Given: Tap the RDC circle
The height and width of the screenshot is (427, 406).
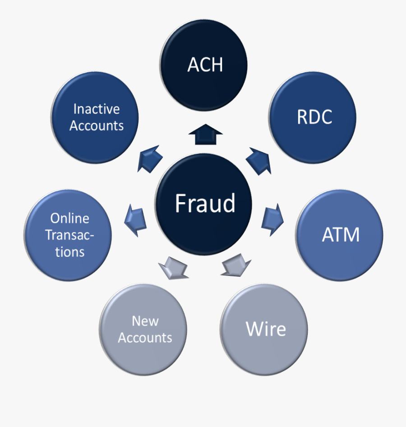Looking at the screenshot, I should [314, 117].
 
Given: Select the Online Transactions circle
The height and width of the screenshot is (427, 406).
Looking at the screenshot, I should [69, 235].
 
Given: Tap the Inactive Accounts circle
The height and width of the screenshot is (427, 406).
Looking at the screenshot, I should [96, 117].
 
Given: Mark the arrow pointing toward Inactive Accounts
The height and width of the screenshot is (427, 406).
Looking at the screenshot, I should [149, 158].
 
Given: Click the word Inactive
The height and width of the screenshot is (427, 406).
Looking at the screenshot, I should [96, 109].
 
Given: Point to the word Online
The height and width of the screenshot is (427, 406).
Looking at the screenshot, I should [69, 218].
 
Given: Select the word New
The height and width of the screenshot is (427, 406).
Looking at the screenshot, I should [145, 321].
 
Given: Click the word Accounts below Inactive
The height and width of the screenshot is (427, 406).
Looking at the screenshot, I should [97, 125].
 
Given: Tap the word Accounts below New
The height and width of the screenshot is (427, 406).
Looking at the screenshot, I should [145, 338].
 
